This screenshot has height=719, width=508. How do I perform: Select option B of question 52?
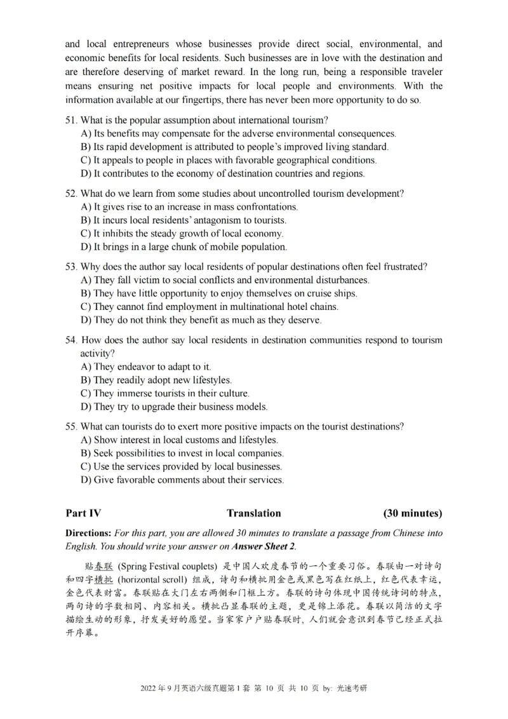click(x=184, y=220)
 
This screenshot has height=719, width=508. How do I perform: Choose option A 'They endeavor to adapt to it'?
click(x=146, y=366)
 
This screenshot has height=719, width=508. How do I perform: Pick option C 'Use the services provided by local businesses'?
click(x=182, y=467)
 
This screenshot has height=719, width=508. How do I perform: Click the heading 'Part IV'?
click(x=83, y=513)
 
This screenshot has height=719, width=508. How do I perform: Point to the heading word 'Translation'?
click(x=253, y=513)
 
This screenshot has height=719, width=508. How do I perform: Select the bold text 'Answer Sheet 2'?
click(x=263, y=546)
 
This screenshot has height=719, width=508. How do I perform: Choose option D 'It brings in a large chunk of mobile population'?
click(x=184, y=247)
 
